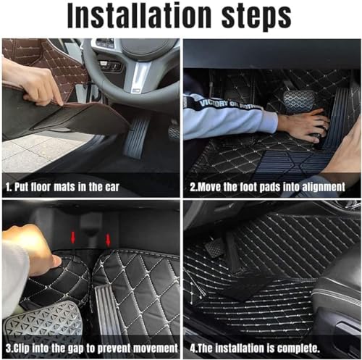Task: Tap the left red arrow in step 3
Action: [72, 238]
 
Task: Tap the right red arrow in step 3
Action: [109, 240]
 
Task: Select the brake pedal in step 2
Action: [298, 101]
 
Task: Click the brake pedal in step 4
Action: [215, 250]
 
